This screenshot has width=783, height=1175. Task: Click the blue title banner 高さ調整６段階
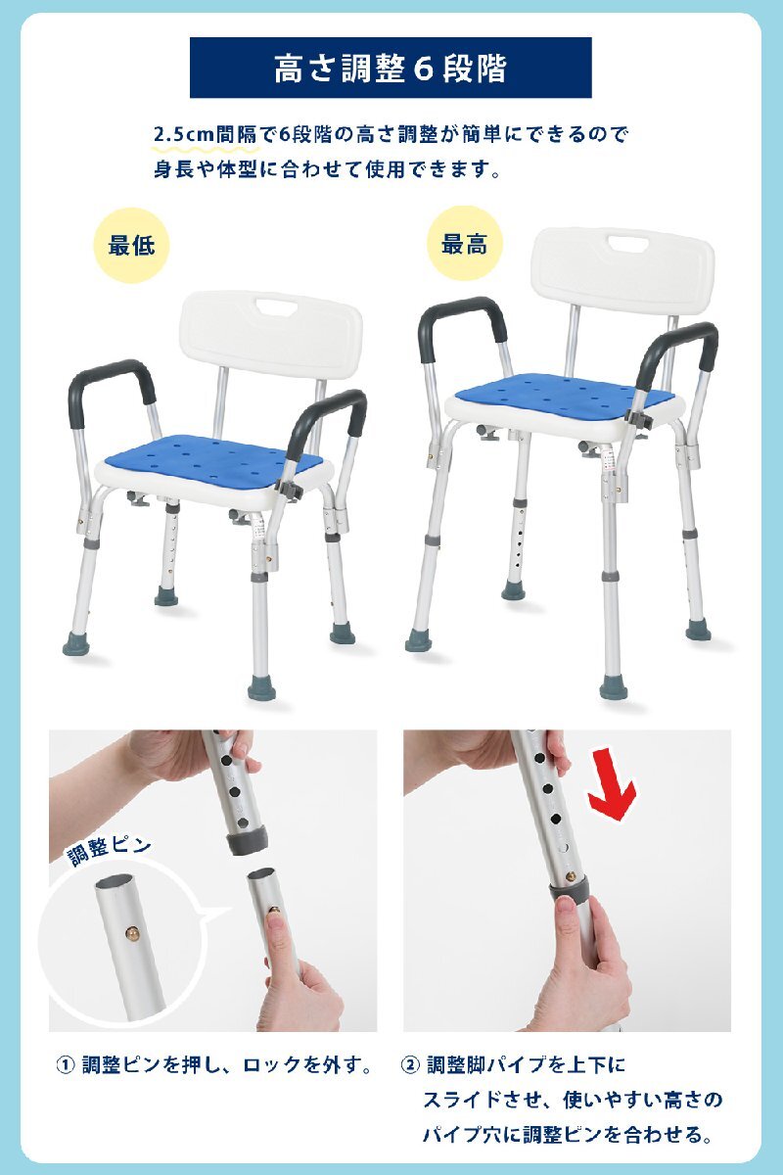point(391,68)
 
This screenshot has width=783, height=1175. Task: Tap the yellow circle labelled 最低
point(131,245)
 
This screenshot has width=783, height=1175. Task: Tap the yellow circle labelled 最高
point(465,245)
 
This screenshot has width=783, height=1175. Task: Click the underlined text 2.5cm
point(184,135)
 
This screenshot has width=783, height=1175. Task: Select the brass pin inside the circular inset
point(132,933)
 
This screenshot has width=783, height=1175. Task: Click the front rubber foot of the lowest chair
point(261,687)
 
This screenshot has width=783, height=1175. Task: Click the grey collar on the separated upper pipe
point(248,842)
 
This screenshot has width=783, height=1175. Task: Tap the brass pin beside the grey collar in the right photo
point(570,875)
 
